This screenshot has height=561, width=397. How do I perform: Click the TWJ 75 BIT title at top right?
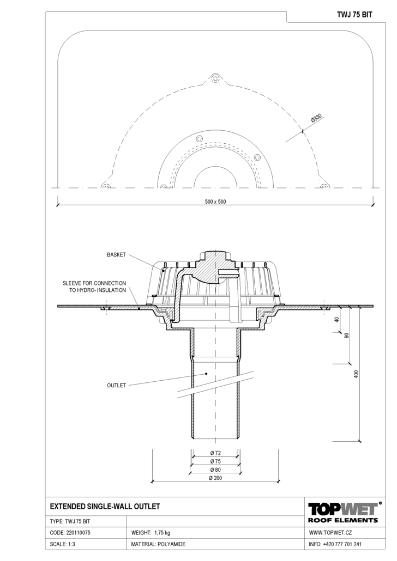354,15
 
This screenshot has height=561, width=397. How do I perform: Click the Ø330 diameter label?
316,118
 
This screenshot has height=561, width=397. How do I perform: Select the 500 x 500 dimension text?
215,202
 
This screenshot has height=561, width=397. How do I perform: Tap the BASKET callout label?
117,255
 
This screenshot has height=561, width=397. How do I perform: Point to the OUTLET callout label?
117,385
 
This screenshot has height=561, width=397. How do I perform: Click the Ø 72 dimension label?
215,453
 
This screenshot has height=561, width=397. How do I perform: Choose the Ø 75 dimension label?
215,461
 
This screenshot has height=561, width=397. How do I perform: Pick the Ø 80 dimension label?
215,469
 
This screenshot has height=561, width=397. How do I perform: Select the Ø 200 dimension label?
215,478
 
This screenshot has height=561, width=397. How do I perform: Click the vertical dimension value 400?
356,374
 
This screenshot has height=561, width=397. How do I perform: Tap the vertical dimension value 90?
346,336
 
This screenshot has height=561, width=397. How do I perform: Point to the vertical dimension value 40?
336,320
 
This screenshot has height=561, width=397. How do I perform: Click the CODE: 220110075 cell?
70,533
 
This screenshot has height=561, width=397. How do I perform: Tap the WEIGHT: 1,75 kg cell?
151,533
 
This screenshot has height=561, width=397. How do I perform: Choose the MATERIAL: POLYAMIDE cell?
158,544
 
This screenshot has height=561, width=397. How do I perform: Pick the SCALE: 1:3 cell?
62,544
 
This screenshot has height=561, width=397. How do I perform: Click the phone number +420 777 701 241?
342,544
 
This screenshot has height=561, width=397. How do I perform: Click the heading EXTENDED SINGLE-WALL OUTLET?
105,506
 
